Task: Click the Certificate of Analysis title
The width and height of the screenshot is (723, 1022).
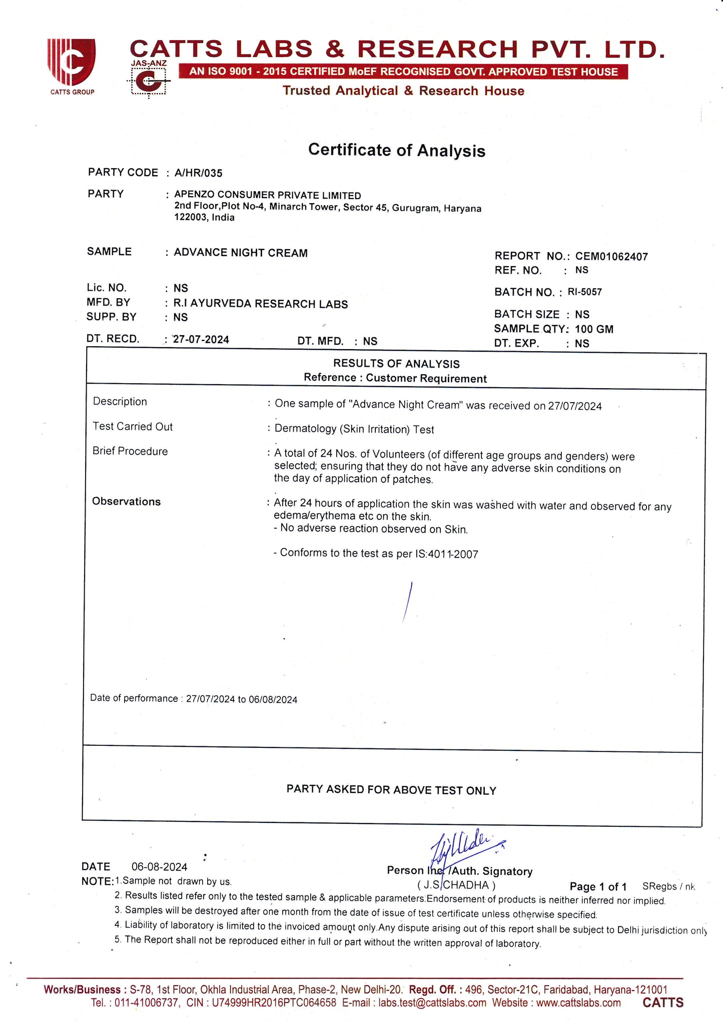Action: [396, 150]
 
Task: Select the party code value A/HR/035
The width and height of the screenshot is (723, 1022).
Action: [198, 173]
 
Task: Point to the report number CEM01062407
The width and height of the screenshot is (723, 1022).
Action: [611, 257]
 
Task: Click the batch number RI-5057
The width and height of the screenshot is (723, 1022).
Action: [584, 292]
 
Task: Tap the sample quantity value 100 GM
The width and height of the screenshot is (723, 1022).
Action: [594, 329]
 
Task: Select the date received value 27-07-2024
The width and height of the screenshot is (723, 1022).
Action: [201, 340]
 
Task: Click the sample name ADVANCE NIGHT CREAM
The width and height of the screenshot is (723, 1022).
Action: [241, 253]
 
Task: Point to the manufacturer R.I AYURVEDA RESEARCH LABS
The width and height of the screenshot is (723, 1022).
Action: [261, 304]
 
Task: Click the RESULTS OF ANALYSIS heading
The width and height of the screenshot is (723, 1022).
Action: [396, 364]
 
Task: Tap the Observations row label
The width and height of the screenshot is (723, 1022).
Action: [126, 501]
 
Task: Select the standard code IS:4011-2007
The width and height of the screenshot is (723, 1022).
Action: [446, 554]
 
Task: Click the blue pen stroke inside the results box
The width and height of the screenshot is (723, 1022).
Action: [407, 602]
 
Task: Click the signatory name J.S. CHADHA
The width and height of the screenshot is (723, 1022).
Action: [456, 885]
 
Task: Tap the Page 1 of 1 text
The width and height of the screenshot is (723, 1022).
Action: [598, 887]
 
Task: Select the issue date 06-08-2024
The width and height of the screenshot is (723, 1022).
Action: [159, 867]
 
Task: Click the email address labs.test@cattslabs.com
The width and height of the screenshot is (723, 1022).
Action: [432, 1003]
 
